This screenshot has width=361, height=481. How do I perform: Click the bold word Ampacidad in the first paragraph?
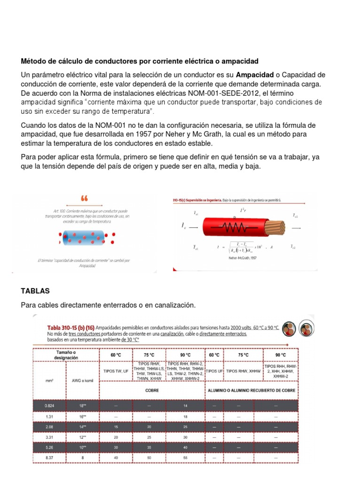254,75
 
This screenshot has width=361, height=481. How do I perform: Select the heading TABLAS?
35,291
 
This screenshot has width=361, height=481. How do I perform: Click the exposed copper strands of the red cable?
276,229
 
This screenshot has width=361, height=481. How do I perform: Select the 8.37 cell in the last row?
49,457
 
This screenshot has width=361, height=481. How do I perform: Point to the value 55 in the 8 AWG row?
185,457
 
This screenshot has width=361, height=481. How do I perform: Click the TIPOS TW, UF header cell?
116,371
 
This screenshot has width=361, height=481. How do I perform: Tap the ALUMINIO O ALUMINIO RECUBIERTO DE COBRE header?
252,389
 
